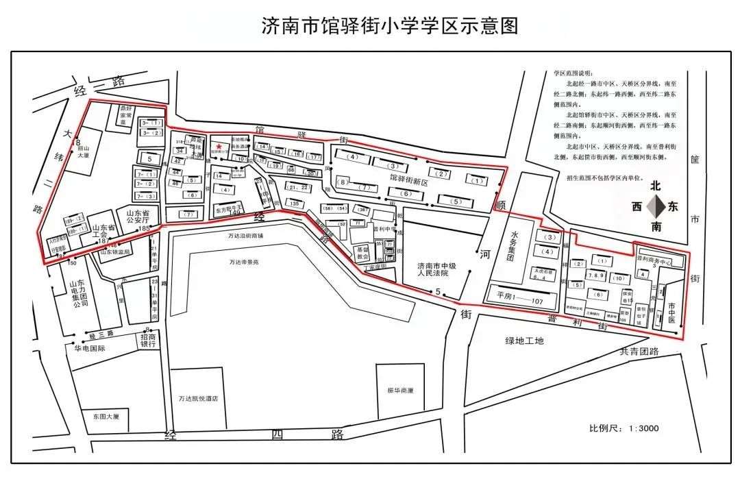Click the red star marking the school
(219, 147)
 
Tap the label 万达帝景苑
(244, 261)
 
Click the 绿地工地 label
(524, 341)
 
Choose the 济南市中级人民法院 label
(436, 268)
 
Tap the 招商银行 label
(153, 341)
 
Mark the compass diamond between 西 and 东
(656, 206)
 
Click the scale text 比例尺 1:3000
(624, 428)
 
